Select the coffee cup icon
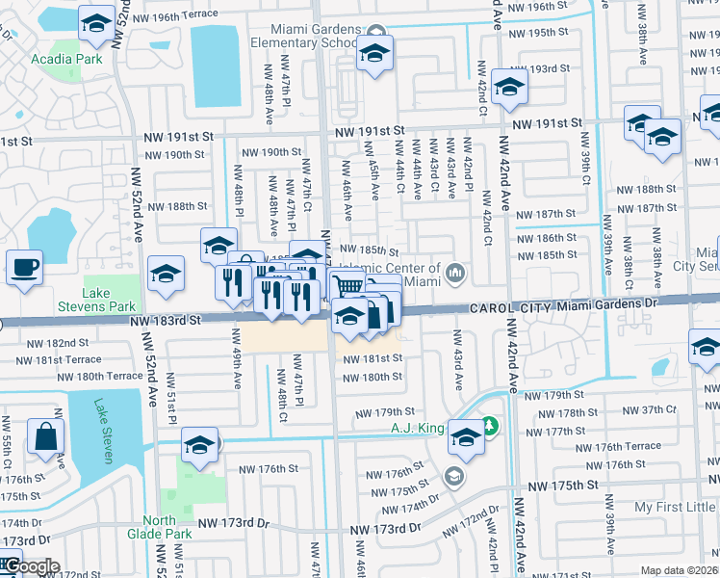(24, 267)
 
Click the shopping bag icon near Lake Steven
(45, 436)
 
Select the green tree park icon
(490, 425)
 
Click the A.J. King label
(419, 428)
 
